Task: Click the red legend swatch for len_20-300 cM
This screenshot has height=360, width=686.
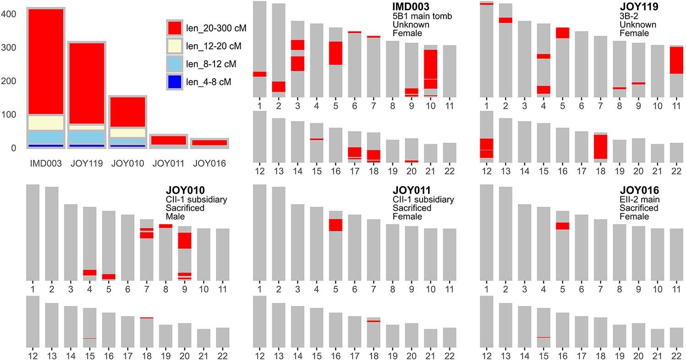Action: [x=174, y=27]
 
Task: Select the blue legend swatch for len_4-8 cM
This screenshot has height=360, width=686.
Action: [x=174, y=82]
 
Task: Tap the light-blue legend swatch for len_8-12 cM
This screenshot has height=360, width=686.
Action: [x=174, y=64]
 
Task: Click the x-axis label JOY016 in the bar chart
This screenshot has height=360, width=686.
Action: [x=209, y=163]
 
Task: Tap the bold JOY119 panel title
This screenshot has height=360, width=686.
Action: [x=638, y=7]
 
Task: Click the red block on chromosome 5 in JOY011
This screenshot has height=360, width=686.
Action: [x=336, y=225]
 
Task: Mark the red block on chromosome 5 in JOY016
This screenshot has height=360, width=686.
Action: [x=563, y=226]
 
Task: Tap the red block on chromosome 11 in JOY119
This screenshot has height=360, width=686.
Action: [x=676, y=60]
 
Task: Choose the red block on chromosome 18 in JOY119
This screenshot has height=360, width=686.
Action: [x=600, y=146]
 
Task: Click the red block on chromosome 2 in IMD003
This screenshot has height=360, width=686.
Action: [x=279, y=86]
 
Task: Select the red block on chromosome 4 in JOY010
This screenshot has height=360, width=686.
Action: [x=90, y=273]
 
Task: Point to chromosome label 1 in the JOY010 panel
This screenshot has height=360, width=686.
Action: [x=32, y=289]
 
